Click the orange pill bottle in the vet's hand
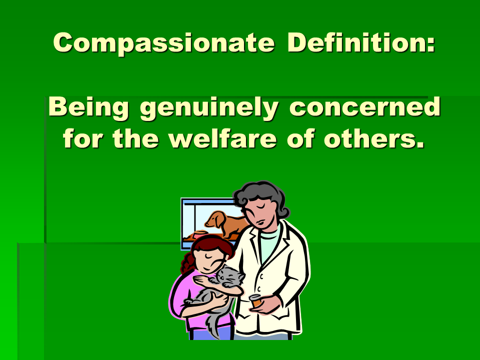(x=256, y=301)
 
